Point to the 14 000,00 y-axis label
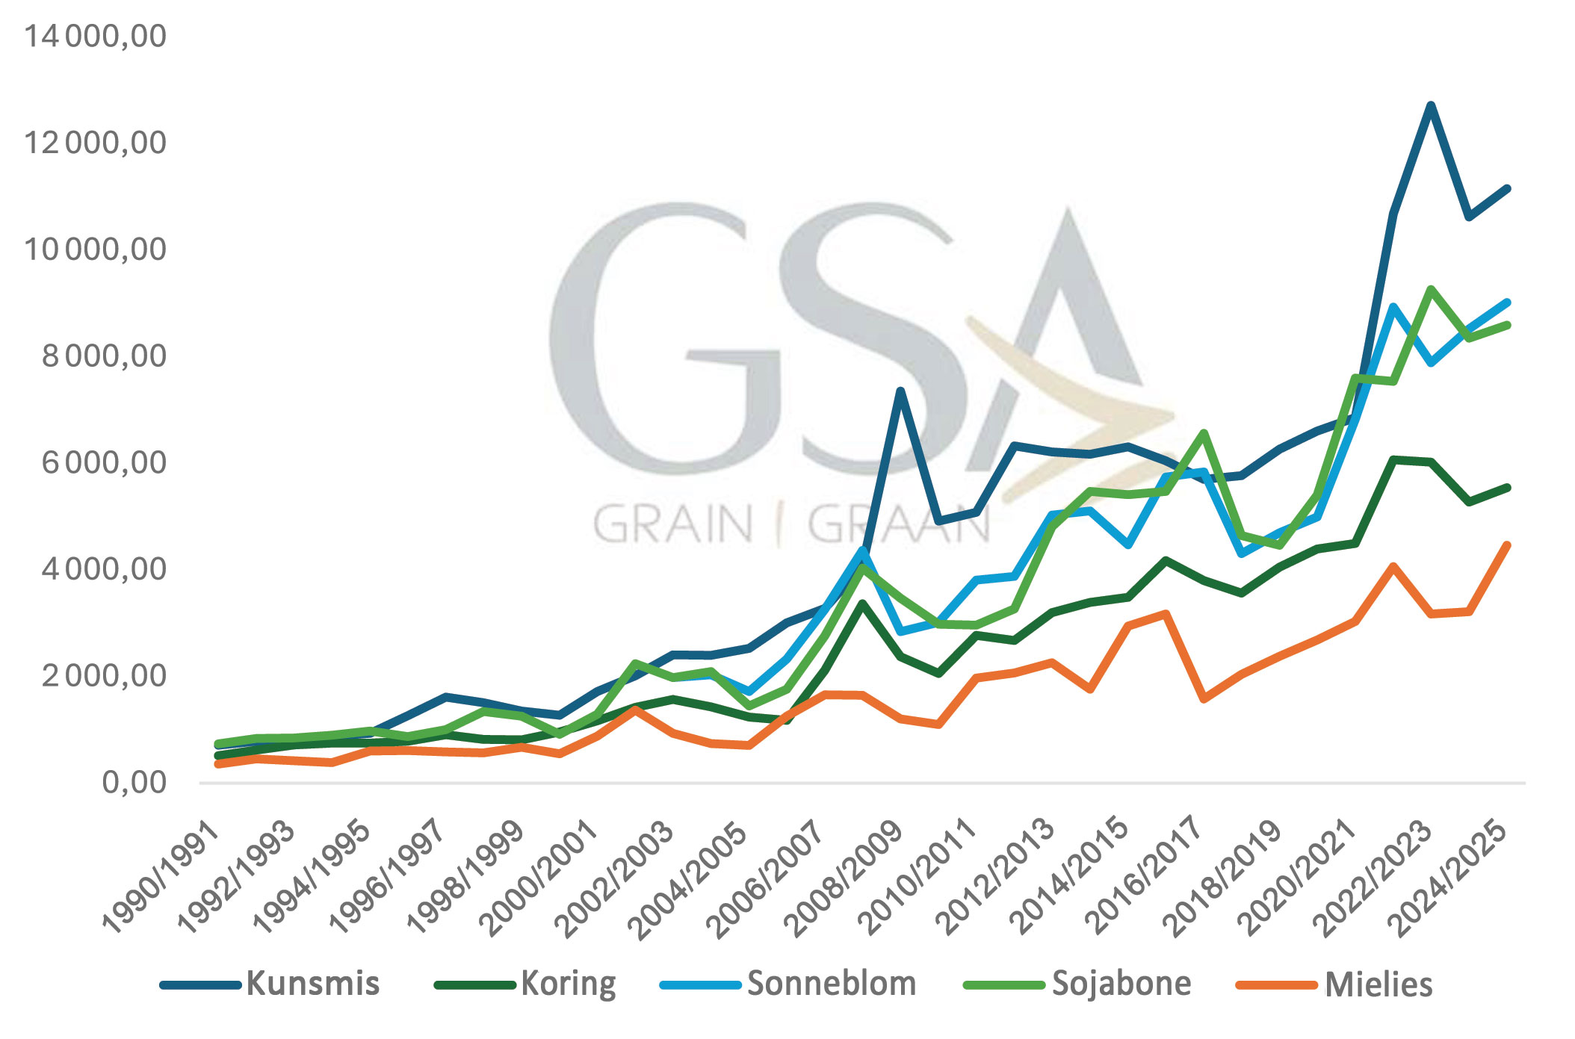pyautogui.click(x=96, y=36)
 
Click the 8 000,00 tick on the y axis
pyautogui.click(x=104, y=356)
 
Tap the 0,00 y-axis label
pyautogui.click(x=134, y=783)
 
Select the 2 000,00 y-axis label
pyautogui.click(x=104, y=676)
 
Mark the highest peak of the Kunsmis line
pyautogui.click(x=1430, y=105)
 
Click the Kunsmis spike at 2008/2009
pyautogui.click(x=901, y=391)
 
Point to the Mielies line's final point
pyautogui.click(x=1507, y=545)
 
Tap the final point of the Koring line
pyautogui.click(x=1507, y=488)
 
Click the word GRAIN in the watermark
pyautogui.click(x=673, y=524)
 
